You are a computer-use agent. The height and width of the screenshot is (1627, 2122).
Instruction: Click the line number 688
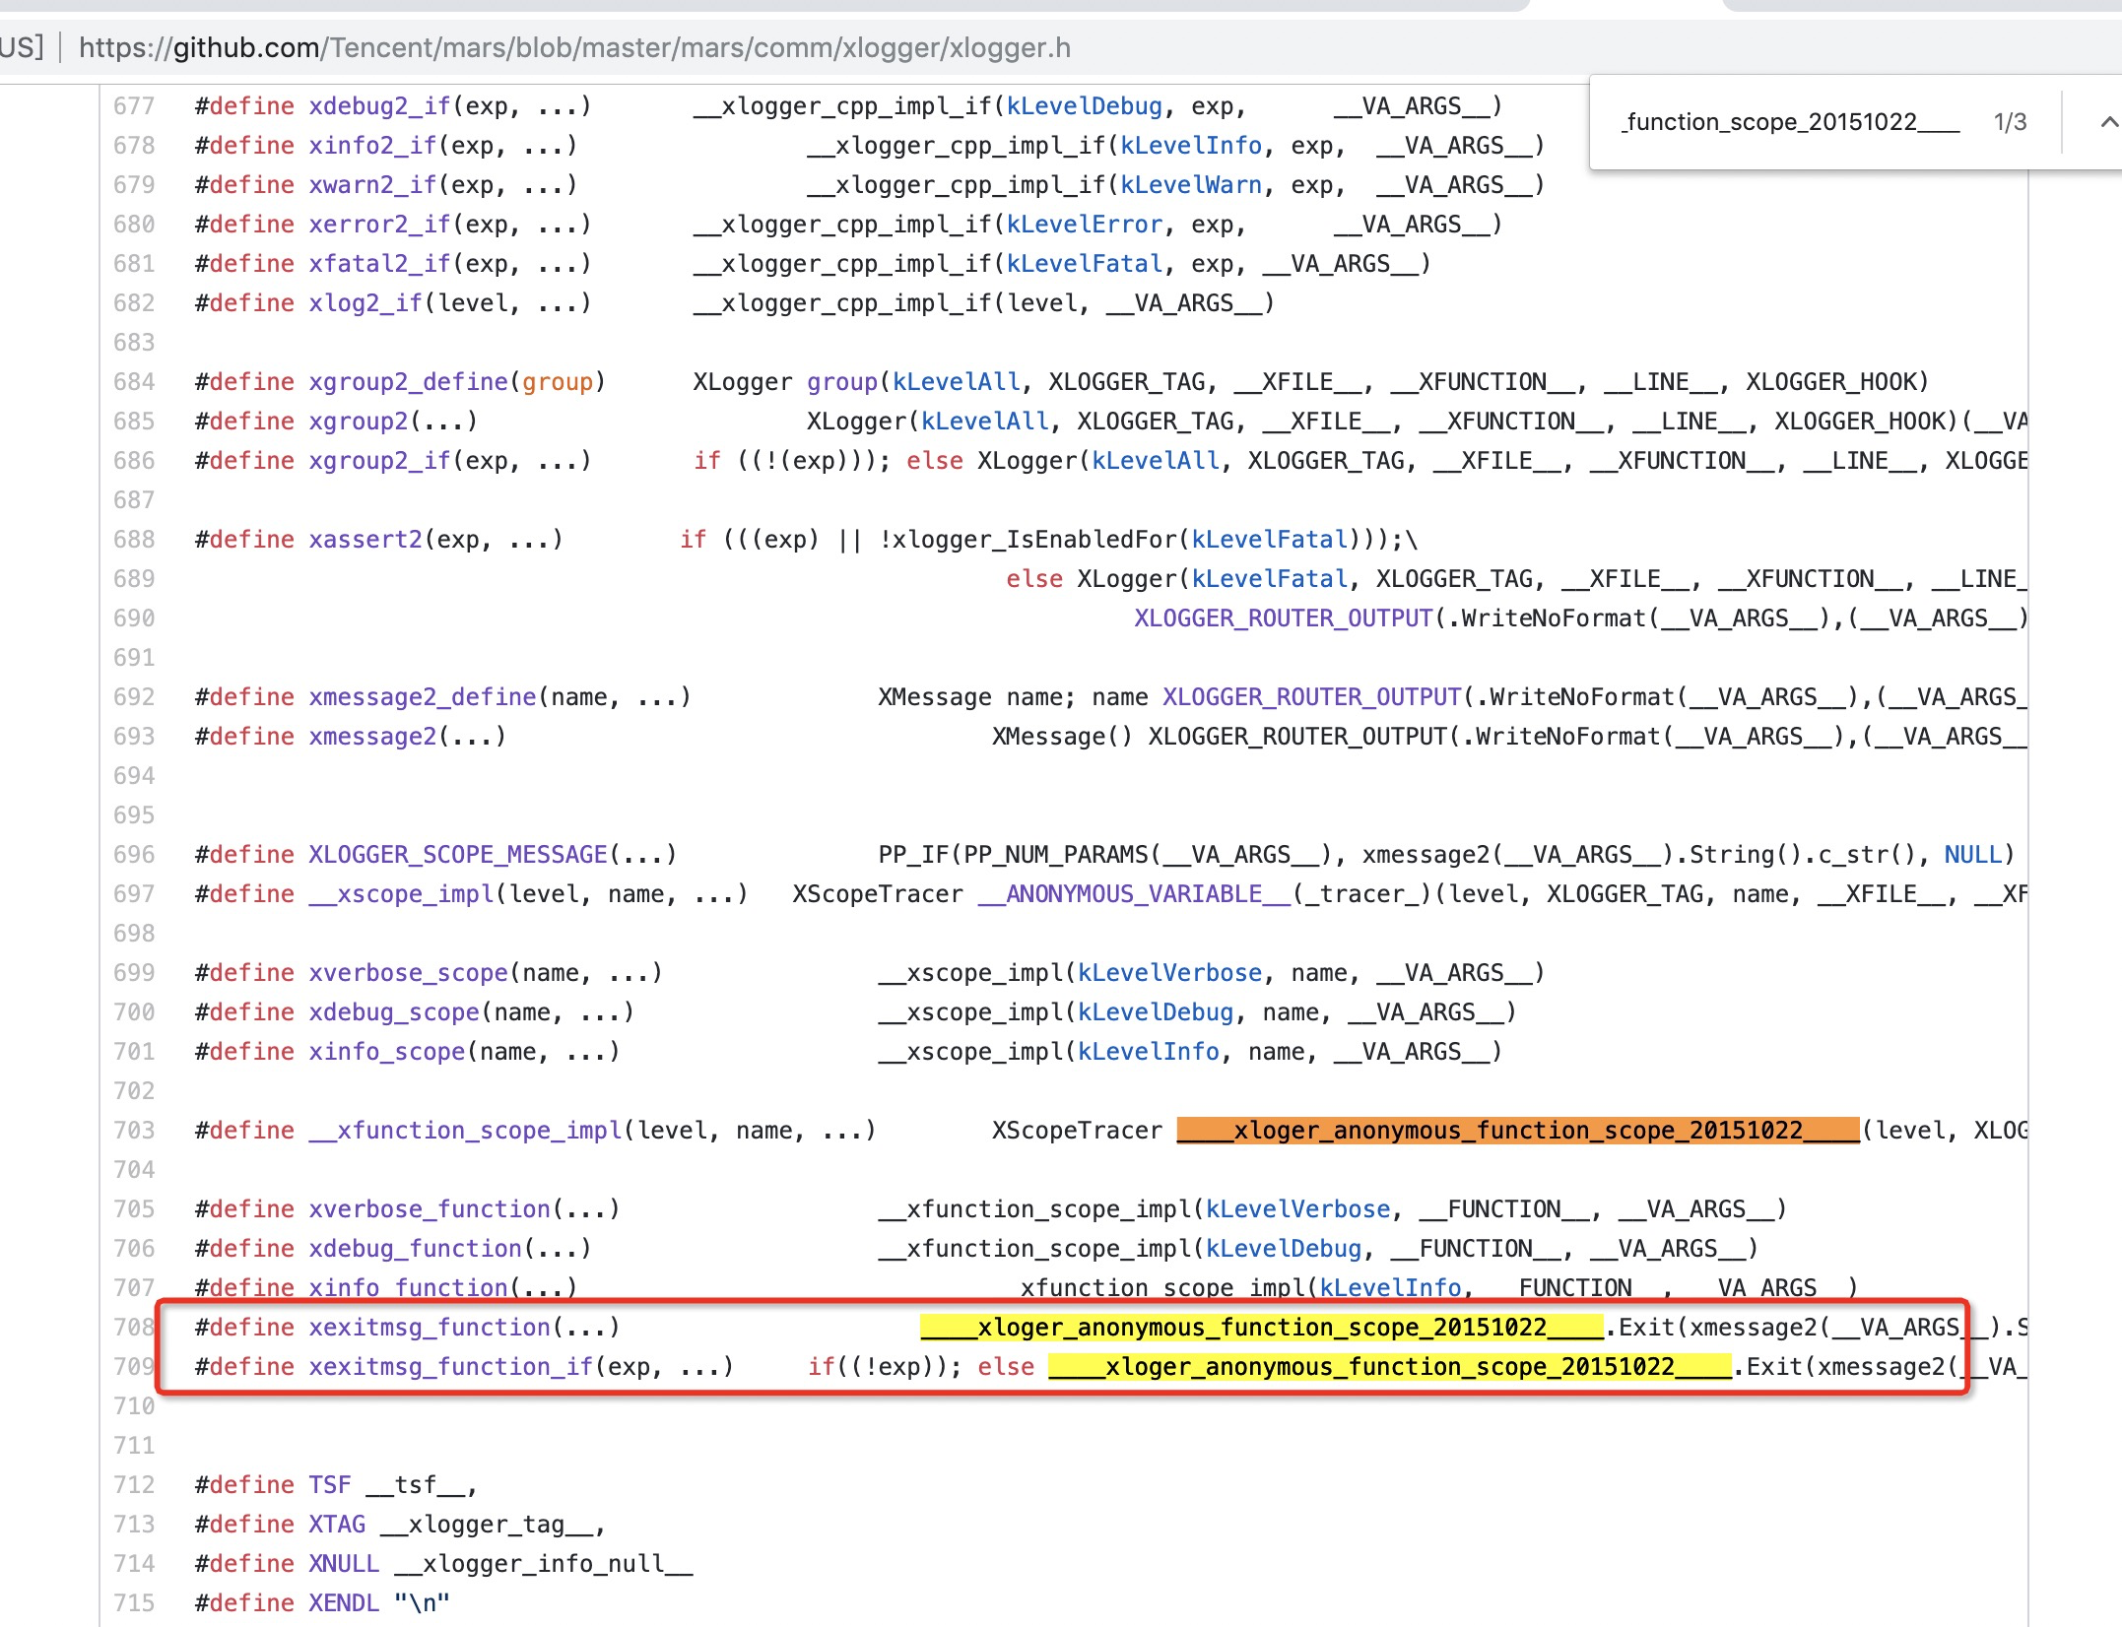[134, 540]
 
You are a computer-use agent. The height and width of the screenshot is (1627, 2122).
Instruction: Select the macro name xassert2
[365, 540]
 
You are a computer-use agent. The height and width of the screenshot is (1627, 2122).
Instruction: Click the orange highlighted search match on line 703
[1517, 1131]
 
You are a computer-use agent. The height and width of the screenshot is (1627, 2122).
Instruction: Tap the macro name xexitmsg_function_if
[451, 1367]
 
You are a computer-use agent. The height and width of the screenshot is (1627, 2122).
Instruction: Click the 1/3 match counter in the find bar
[2010, 122]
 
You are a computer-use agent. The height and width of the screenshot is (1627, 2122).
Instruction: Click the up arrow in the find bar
[2108, 122]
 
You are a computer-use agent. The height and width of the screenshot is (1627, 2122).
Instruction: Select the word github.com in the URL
[246, 47]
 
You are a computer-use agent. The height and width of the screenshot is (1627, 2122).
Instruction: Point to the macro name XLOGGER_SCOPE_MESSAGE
[458, 855]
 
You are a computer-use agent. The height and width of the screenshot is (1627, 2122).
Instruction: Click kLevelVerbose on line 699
[1169, 973]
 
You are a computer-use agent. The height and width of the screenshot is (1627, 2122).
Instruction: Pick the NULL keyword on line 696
[1972, 855]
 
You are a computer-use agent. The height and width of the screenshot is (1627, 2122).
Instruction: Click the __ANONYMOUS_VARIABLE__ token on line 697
[1133, 894]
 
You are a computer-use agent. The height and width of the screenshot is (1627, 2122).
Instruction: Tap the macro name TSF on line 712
[329, 1485]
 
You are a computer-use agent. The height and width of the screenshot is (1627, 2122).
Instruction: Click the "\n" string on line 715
[422, 1603]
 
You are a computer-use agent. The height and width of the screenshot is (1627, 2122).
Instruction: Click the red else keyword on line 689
[1033, 579]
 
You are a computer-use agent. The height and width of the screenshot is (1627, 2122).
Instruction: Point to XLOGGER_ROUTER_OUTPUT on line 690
[1283, 618]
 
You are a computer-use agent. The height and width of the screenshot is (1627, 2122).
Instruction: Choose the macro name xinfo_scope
[386, 1052]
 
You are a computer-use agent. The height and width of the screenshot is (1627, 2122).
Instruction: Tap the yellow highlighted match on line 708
[1261, 1328]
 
